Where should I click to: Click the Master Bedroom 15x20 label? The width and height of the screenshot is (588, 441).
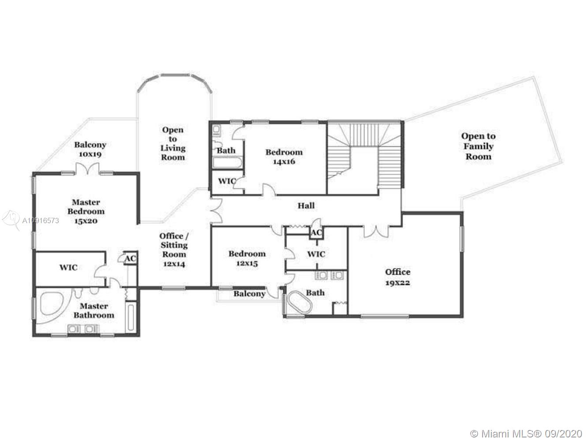click(x=86, y=212)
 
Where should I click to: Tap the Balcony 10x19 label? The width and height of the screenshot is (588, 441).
click(x=90, y=149)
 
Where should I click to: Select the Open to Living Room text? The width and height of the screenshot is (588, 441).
click(x=173, y=143)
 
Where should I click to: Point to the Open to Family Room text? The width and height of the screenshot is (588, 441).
click(x=479, y=146)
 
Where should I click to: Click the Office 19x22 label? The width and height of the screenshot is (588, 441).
click(x=397, y=277)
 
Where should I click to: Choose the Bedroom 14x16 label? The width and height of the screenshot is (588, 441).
click(x=284, y=157)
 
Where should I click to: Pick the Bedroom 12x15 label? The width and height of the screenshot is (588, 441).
click(x=247, y=258)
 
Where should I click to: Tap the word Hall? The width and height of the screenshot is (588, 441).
click(x=306, y=206)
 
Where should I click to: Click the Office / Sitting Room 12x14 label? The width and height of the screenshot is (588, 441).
click(x=174, y=250)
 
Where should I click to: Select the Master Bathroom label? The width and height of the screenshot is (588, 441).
click(x=94, y=310)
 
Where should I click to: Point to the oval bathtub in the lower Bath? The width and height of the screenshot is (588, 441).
click(x=300, y=302)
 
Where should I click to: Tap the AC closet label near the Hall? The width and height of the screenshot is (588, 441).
click(x=316, y=233)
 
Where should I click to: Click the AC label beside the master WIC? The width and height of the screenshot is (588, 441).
click(x=131, y=258)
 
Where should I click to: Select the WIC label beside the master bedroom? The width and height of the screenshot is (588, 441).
click(x=68, y=267)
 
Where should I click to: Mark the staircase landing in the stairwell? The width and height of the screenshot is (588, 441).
click(x=364, y=170)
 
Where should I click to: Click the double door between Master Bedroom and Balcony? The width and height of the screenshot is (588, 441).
click(x=88, y=169)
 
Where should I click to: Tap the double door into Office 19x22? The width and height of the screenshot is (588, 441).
click(x=376, y=232)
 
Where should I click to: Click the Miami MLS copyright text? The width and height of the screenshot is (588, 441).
click(x=526, y=433)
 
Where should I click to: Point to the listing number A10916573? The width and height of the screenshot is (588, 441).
click(x=41, y=220)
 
